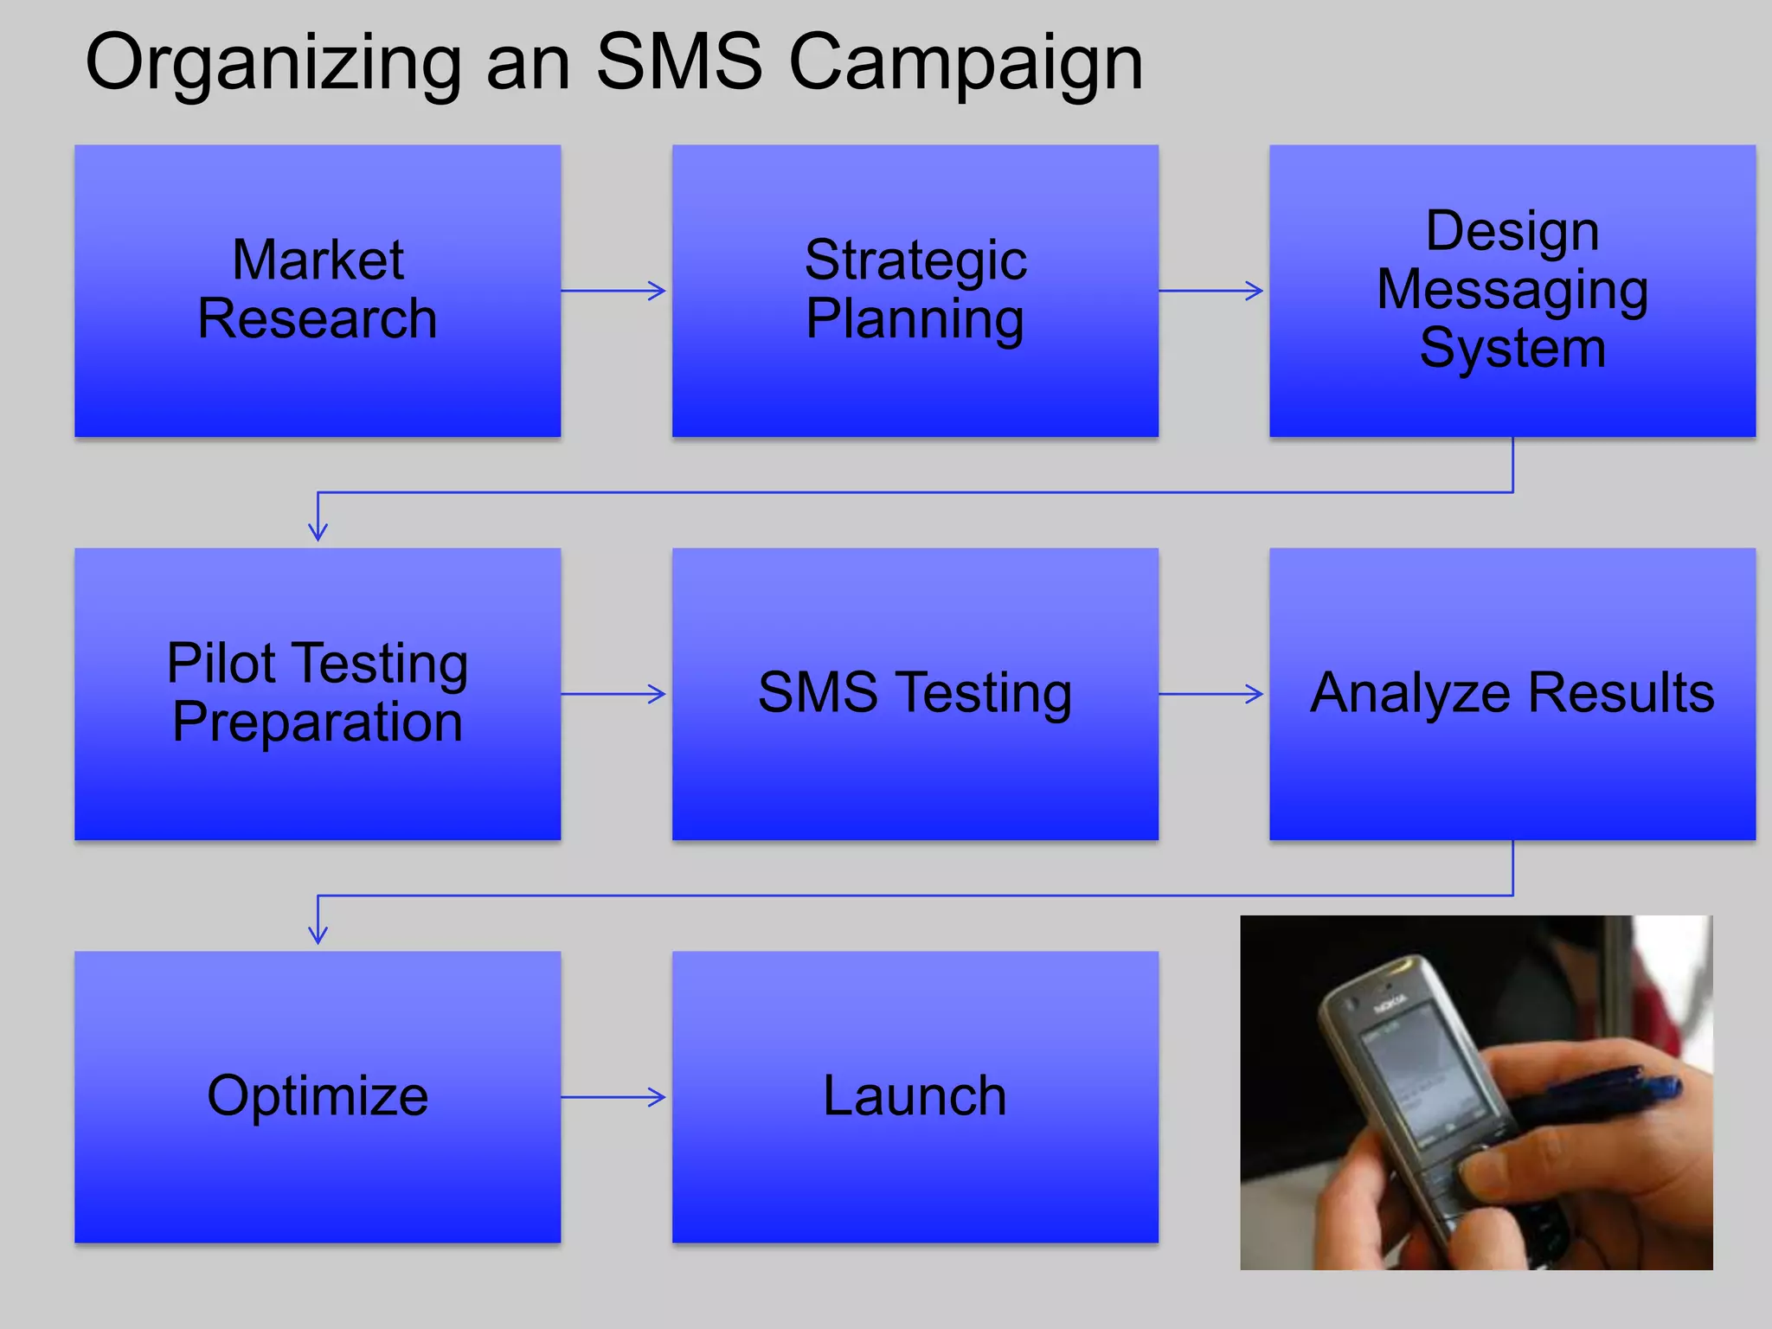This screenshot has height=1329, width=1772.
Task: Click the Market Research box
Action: [x=318, y=291]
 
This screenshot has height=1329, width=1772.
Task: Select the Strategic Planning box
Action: [x=915, y=291]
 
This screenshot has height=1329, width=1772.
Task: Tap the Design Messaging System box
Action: [x=1512, y=291]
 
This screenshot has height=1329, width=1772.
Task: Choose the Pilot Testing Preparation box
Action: [x=318, y=693]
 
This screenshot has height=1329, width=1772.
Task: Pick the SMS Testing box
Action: [x=915, y=693]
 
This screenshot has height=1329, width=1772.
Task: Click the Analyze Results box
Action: [x=1512, y=693]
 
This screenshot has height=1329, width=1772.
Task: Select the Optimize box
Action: [x=318, y=1096]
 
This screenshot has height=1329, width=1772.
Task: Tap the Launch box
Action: [x=915, y=1096]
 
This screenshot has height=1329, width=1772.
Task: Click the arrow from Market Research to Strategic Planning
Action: [x=614, y=291]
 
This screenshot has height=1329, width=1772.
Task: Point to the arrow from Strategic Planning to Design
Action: [x=1211, y=291]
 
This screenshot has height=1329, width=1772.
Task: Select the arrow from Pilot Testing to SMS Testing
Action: [x=614, y=693]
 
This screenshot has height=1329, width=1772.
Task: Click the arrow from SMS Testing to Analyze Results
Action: [x=1211, y=693]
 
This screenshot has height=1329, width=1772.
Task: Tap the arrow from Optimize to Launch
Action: [x=614, y=1097]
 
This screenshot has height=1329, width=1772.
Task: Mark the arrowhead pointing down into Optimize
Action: [x=318, y=934]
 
